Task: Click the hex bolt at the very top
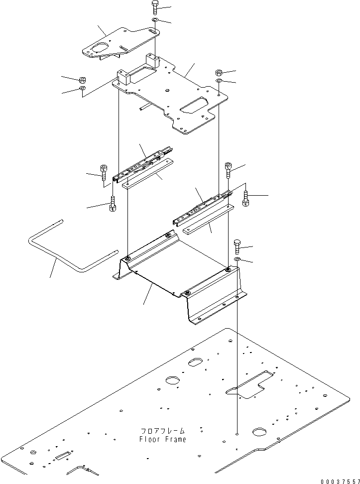(x=155, y=7)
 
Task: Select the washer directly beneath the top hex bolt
(x=155, y=20)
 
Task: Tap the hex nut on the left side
(x=83, y=80)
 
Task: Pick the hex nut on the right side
(x=218, y=73)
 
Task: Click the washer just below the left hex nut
(x=83, y=89)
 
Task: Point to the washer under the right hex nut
(x=218, y=81)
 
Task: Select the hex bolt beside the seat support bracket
(x=237, y=246)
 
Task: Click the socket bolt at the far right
(x=246, y=199)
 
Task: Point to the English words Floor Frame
(x=163, y=439)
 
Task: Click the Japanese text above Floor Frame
(x=163, y=431)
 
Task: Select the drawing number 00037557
(x=340, y=481)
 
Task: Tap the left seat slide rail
(x=142, y=164)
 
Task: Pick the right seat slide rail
(x=203, y=208)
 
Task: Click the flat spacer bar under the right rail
(x=209, y=220)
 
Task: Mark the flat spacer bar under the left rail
(x=147, y=173)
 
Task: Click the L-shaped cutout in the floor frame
(x=249, y=384)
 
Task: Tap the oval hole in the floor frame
(x=195, y=362)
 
